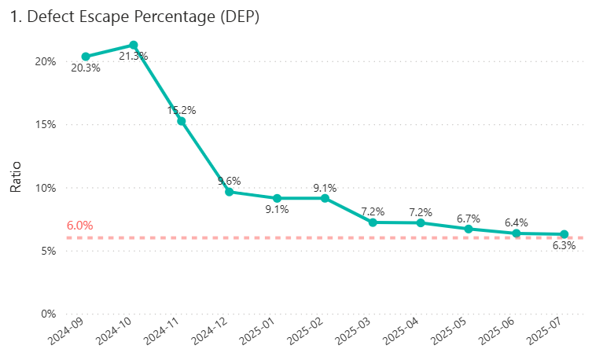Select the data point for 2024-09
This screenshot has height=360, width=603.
tap(86, 57)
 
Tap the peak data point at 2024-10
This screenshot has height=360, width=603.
tap(134, 46)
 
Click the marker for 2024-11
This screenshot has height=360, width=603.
tap(182, 121)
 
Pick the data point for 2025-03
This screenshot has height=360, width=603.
tap(373, 222)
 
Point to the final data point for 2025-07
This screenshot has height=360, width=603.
tap(564, 234)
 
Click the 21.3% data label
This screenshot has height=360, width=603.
tap(134, 57)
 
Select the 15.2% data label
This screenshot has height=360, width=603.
tap(182, 110)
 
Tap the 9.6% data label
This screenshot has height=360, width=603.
tap(230, 181)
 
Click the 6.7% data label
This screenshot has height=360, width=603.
tap(469, 218)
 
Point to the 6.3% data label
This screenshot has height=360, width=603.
tap(564, 245)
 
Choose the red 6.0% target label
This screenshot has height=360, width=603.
tap(79, 226)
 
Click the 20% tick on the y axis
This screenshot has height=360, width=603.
tap(46, 61)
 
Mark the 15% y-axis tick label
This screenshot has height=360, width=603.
tap(46, 124)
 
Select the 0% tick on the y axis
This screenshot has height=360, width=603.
tap(49, 314)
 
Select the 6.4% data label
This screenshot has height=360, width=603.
tap(517, 222)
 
